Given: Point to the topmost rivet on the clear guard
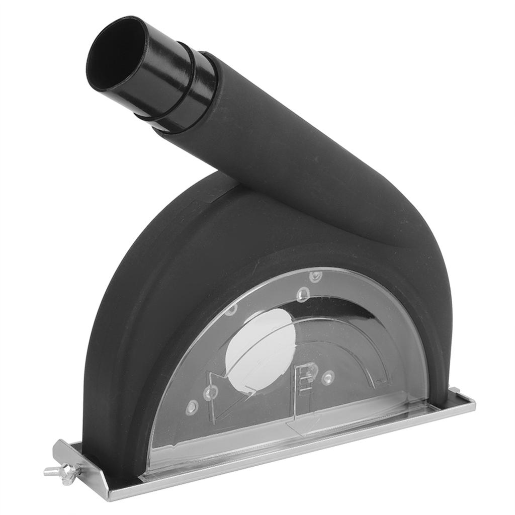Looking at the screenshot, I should (x=315, y=276).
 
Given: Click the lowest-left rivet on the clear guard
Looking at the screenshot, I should (x=191, y=407).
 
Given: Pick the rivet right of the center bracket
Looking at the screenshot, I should (x=328, y=376).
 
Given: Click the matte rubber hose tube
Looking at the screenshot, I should (x=282, y=151).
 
